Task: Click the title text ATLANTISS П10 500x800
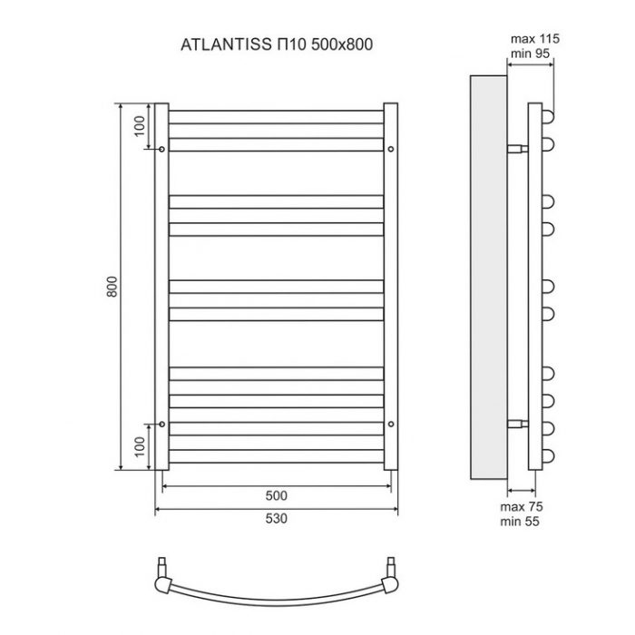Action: [x=277, y=44]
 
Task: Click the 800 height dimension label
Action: [x=112, y=287]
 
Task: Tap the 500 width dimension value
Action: [x=276, y=495]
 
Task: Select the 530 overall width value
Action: [x=276, y=518]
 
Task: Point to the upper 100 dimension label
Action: [x=140, y=126]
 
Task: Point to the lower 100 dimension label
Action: [x=140, y=446]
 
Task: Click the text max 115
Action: [x=534, y=39]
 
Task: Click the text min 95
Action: [x=530, y=53]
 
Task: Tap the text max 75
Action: [x=522, y=506]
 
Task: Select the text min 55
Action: [x=520, y=522]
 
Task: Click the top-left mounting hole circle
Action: [x=162, y=149]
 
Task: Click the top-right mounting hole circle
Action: [x=391, y=149]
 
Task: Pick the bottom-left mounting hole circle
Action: [x=162, y=424]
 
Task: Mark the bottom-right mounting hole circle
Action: [x=391, y=424]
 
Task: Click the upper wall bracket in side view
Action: [x=518, y=149]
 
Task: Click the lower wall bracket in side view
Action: [x=518, y=424]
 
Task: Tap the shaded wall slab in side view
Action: [x=488, y=278]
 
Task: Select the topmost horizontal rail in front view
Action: [x=276, y=117]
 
